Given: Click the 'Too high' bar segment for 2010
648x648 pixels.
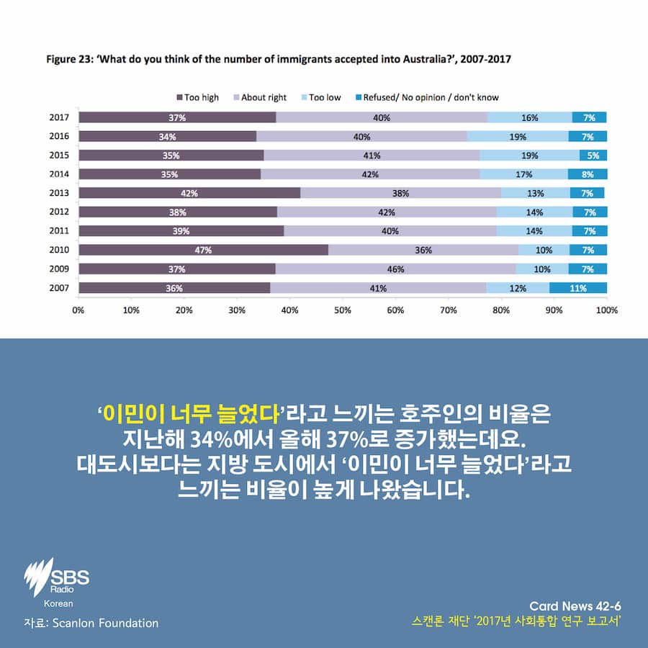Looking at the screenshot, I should [x=203, y=250].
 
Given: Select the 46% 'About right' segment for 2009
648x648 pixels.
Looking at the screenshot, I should [x=395, y=269].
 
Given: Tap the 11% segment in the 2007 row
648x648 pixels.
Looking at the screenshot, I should [x=578, y=288].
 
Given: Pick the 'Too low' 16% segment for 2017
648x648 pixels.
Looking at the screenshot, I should [x=529, y=117].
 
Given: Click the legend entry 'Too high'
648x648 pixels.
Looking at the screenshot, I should [x=197, y=97].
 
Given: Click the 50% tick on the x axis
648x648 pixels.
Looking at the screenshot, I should [x=343, y=310].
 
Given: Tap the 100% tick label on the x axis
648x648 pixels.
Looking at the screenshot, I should [x=606, y=310].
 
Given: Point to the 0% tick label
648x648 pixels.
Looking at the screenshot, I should [x=78, y=310].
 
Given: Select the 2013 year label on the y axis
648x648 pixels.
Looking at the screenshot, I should [x=58, y=193].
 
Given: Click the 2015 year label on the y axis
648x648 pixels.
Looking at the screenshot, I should [x=58, y=155].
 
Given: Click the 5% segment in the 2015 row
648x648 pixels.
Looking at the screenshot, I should [x=593, y=155].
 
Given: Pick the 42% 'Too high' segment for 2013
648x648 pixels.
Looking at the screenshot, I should [x=189, y=193].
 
